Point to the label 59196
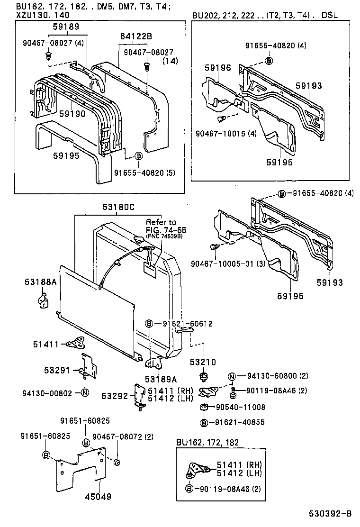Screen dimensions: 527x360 point(218,68)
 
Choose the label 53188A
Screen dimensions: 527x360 point(41,282)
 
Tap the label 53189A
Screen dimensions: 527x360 point(161,379)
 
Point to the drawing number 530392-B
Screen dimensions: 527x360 point(331,513)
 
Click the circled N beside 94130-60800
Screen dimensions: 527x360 point(232,376)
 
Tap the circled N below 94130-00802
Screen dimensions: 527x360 point(84,392)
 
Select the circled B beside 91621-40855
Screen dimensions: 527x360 point(204,422)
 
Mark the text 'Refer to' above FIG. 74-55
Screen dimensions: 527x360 point(161,222)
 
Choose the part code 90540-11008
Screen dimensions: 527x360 point(241,407)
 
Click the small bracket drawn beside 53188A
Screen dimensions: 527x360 point(42,300)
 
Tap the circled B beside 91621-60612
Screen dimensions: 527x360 point(149,324)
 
